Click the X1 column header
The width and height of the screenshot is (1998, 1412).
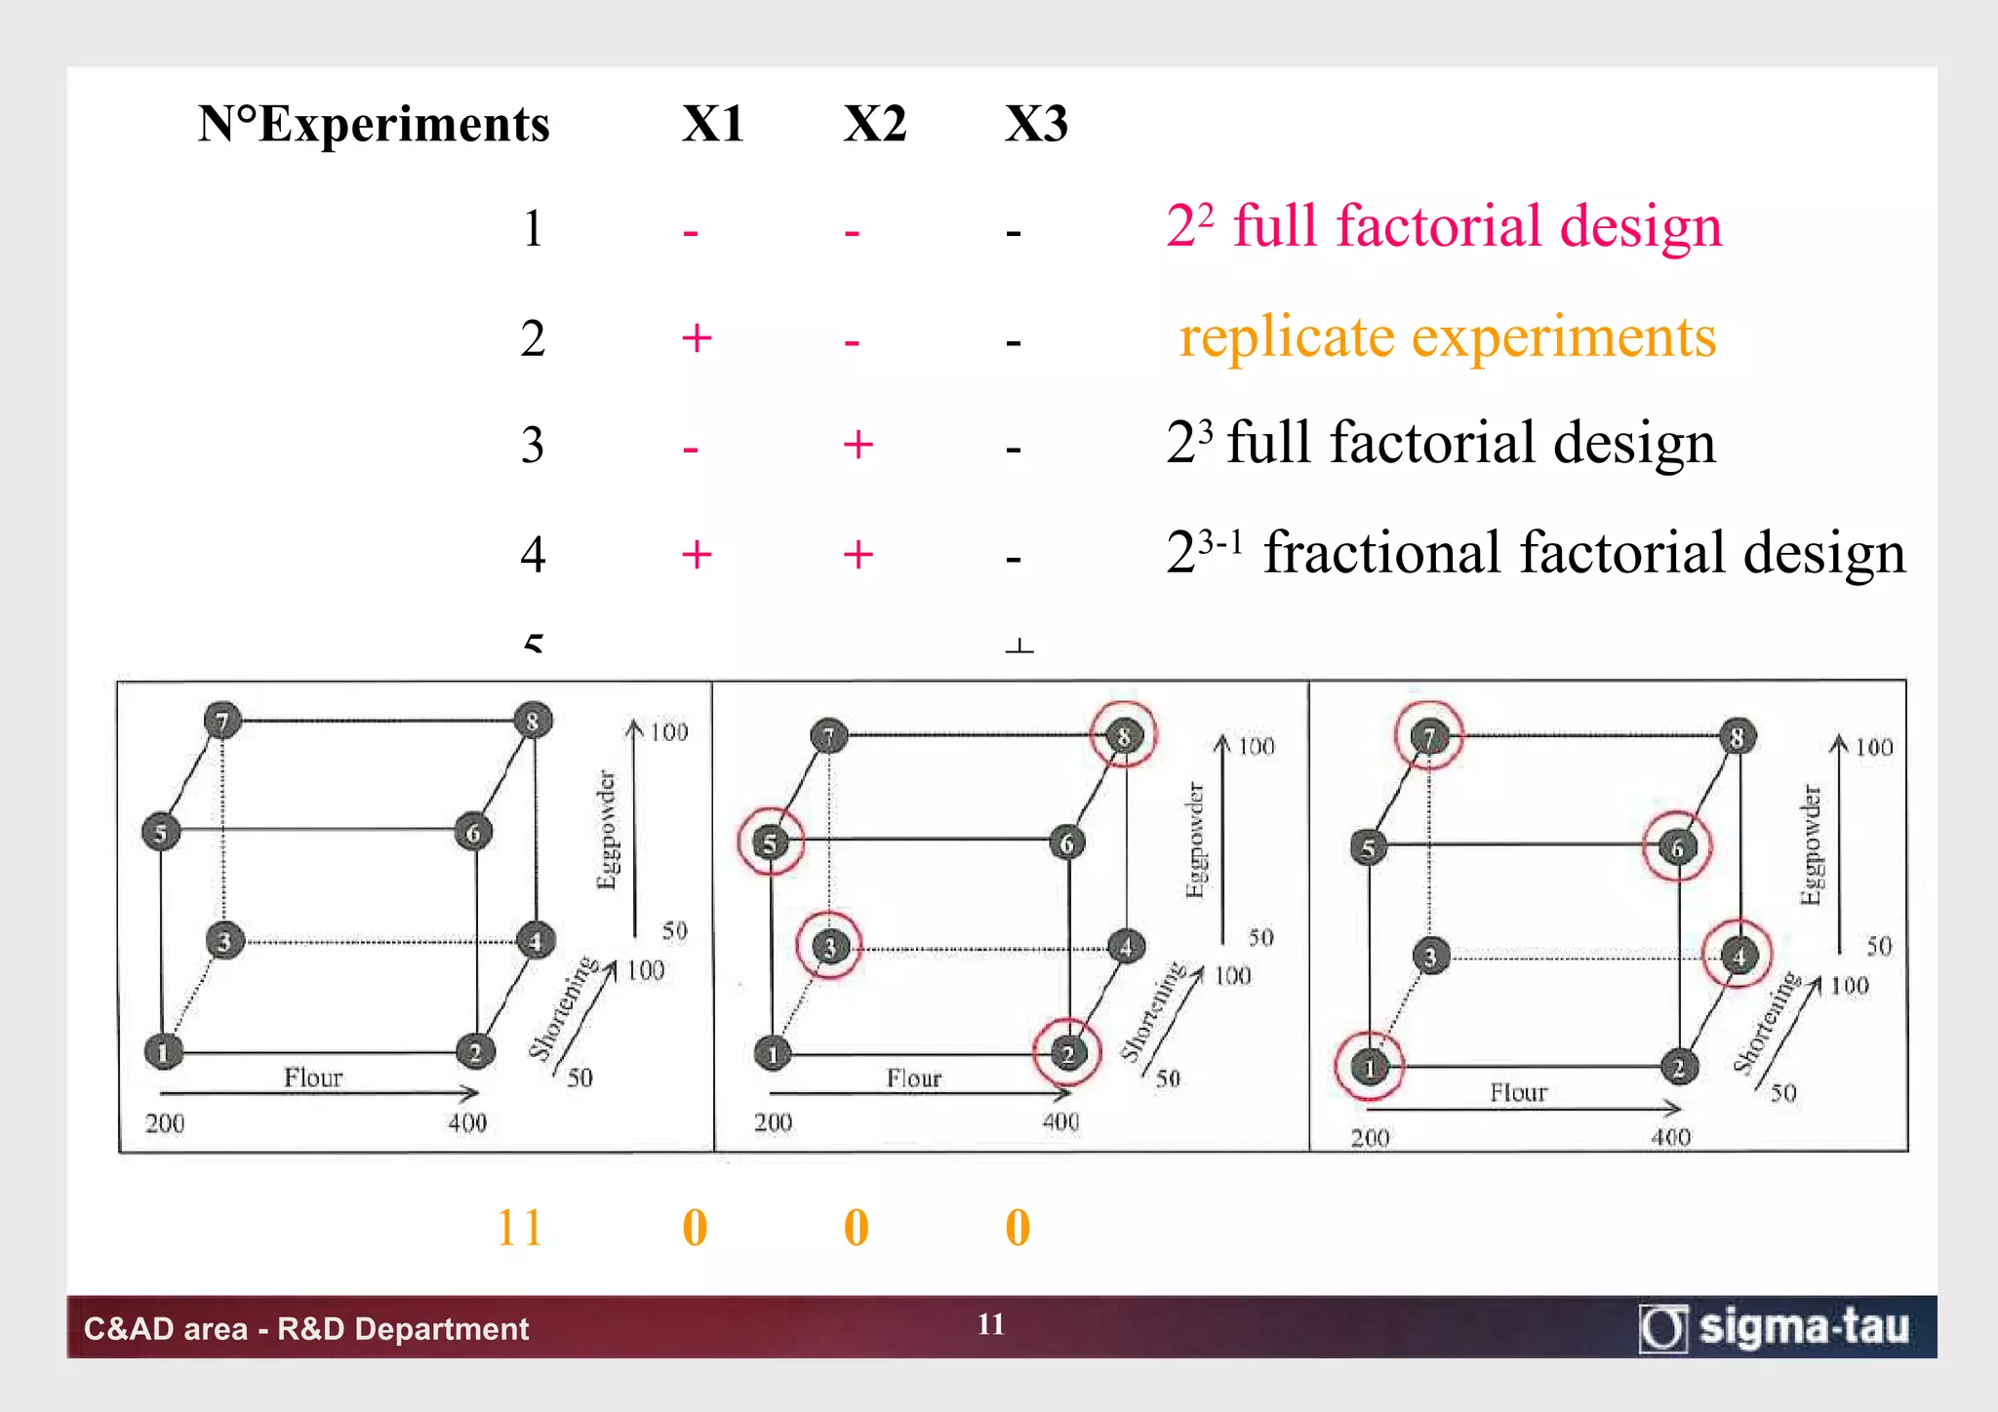point(712,125)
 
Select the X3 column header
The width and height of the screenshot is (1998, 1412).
point(1036,125)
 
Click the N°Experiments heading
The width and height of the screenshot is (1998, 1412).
point(374,125)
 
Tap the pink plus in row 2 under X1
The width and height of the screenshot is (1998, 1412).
point(697,338)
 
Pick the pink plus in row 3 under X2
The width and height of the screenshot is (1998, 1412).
point(858,445)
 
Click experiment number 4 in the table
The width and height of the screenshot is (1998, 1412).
point(533,554)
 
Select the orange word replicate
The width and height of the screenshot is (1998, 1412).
point(1288,337)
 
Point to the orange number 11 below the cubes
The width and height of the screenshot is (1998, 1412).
point(519,1227)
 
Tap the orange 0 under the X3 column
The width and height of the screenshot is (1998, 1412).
point(1018,1227)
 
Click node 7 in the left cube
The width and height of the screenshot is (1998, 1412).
point(222,722)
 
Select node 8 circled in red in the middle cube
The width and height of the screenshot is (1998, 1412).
point(1123,736)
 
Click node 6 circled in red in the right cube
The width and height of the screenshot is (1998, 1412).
point(1677,847)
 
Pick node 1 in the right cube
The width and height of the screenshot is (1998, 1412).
point(1370,1067)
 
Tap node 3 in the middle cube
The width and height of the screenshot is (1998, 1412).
point(829,946)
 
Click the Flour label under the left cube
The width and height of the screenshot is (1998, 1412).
point(313,1078)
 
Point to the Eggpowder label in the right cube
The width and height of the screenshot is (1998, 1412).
point(1811,845)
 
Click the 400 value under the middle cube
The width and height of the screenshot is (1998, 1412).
point(1060,1122)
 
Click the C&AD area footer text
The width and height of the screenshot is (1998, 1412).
point(306,1328)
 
